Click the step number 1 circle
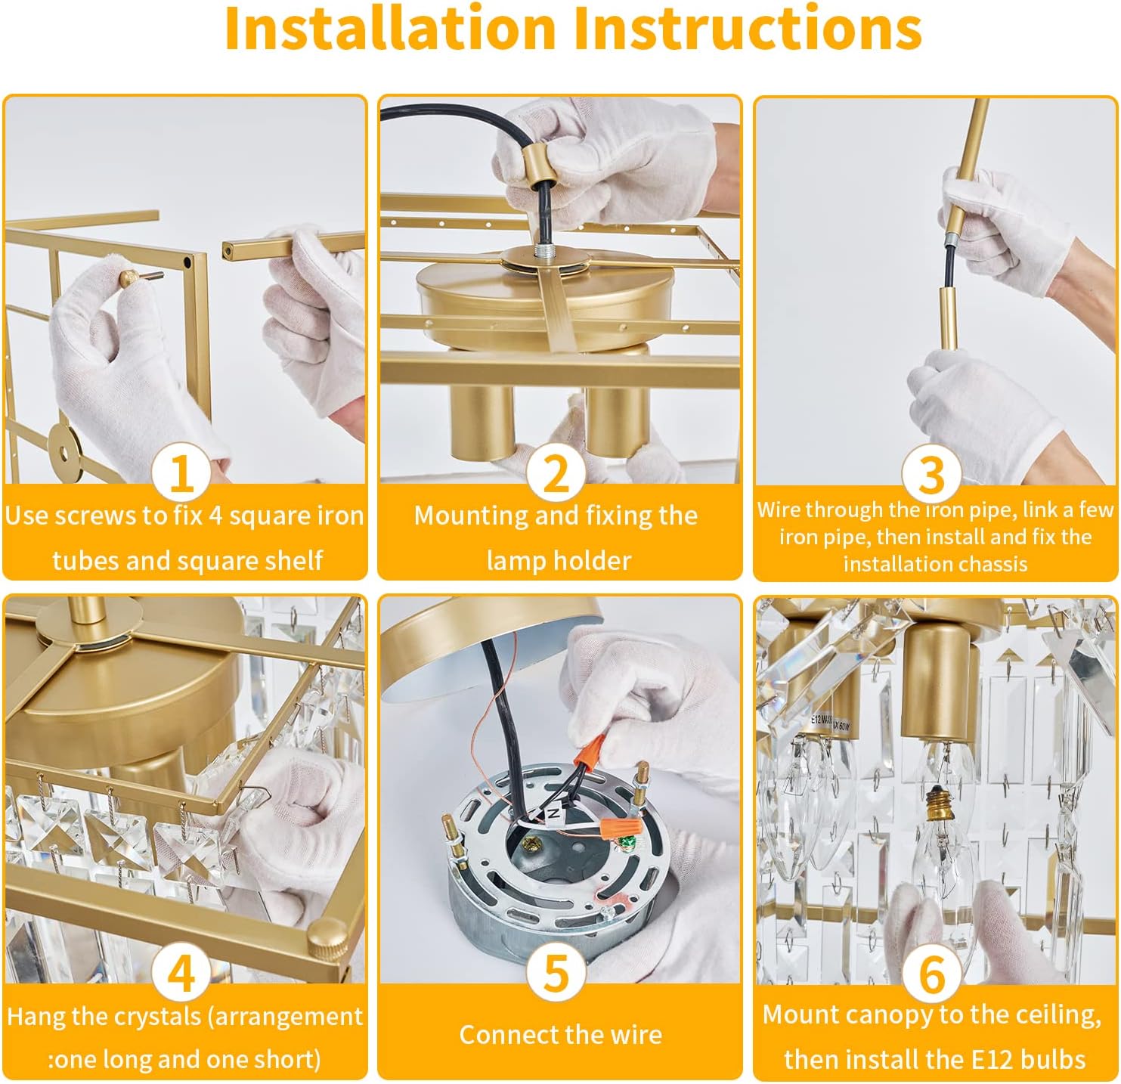[181, 472]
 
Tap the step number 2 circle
[556, 472]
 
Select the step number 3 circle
[931, 473]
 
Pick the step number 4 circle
[181, 972]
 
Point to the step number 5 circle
[556, 972]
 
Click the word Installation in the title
[390, 28]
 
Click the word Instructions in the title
[748, 28]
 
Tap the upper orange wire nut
[591, 751]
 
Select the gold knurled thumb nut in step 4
[327, 937]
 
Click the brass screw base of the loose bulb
[933, 801]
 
